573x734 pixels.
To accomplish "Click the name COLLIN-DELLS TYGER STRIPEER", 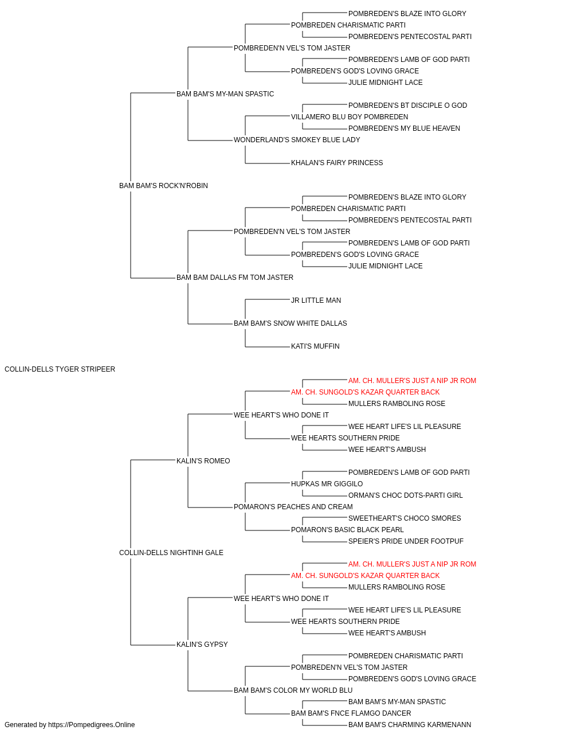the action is (60, 369).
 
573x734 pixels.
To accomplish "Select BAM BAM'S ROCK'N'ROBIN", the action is (163, 186).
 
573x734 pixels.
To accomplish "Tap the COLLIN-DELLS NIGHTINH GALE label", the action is (171, 553).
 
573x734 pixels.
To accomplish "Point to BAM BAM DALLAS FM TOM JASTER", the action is (234, 278).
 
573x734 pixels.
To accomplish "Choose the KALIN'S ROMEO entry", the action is (203, 460).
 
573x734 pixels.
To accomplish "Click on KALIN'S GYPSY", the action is (202, 644).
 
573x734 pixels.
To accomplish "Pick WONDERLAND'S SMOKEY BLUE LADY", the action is (297, 140).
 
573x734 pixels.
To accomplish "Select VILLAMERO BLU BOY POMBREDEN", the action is (350, 117).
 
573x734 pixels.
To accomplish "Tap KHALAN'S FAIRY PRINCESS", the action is (337, 163).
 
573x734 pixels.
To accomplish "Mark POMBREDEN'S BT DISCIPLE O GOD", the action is (407, 106).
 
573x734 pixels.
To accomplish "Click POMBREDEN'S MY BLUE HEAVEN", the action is (404, 128).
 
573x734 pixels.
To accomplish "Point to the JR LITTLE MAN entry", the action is (316, 300).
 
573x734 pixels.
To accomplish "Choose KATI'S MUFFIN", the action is (315, 346).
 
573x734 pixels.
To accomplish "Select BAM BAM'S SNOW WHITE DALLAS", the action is (290, 323).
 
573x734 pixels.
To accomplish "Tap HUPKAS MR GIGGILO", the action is (327, 484).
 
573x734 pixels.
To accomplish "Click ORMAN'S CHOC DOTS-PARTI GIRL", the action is (405, 495).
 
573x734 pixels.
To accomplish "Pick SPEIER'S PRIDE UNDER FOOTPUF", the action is (406, 541).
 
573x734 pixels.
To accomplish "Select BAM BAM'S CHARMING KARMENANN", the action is (410, 725).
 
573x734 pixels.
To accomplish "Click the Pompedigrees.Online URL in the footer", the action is (91, 725).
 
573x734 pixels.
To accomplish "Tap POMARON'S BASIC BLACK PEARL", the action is (347, 530).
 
